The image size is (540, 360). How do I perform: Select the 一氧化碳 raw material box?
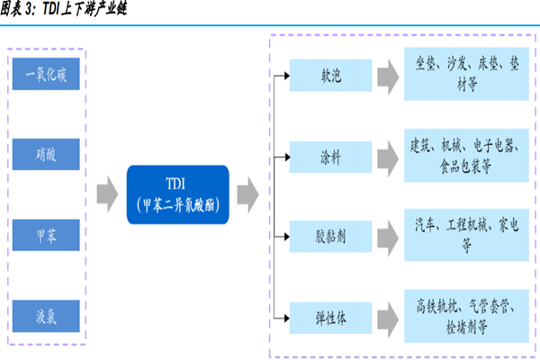(x=46, y=75)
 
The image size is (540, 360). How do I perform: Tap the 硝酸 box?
(x=46, y=154)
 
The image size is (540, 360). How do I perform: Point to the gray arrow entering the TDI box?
(x=107, y=193)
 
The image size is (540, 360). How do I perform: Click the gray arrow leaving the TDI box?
(x=247, y=193)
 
